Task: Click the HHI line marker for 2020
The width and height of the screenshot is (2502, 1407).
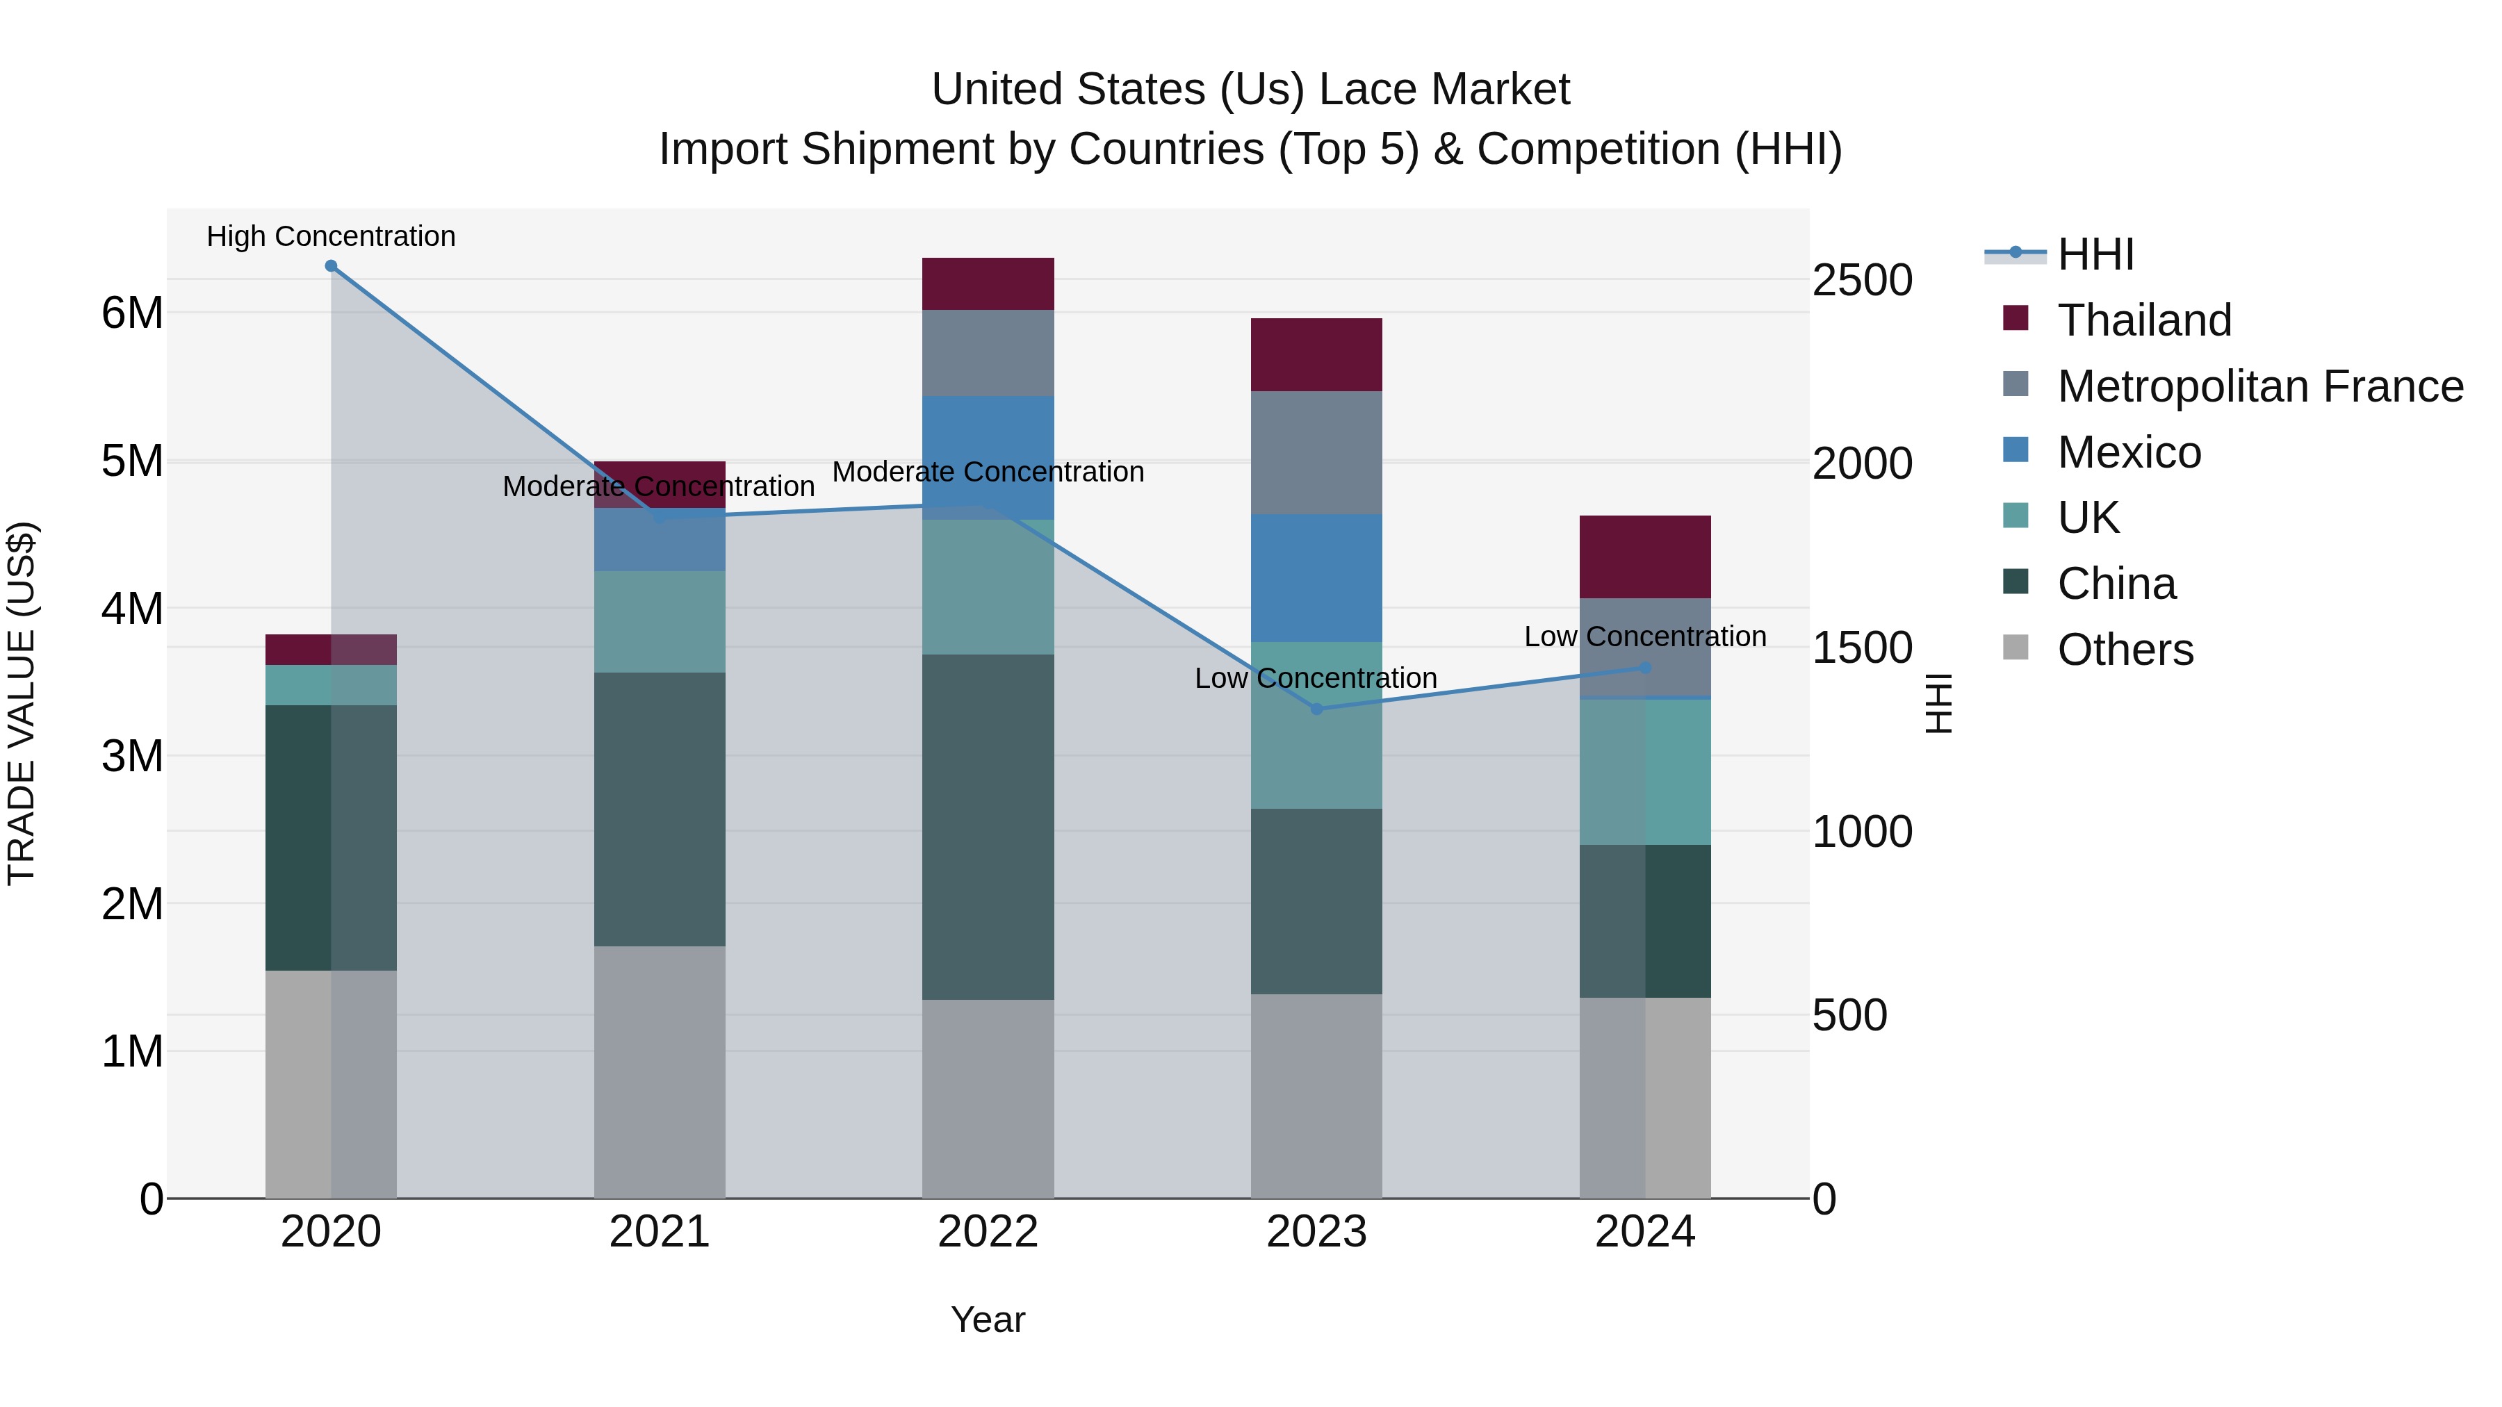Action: click(x=332, y=266)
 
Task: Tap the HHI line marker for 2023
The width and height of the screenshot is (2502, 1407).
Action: click(x=1316, y=709)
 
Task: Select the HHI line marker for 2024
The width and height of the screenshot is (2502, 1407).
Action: click(x=1645, y=668)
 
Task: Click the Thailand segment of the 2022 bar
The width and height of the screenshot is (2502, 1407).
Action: click(x=988, y=283)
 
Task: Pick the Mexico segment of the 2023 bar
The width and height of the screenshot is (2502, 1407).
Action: click(x=1316, y=578)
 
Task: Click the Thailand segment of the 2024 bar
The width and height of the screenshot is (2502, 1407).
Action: click(x=1645, y=557)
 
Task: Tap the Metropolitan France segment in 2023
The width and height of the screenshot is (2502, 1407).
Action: click(x=1316, y=452)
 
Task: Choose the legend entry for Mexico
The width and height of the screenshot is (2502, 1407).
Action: click(x=2128, y=452)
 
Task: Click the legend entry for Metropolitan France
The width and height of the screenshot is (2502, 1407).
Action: click(x=2259, y=386)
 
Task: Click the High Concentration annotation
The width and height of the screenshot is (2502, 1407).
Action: click(x=332, y=237)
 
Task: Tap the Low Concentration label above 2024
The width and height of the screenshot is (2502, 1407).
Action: click(x=1644, y=637)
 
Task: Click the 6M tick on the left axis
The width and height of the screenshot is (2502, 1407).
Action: click(x=132, y=313)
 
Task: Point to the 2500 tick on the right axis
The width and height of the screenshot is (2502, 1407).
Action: click(x=1862, y=281)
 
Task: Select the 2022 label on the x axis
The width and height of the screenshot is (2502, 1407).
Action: click(x=988, y=1232)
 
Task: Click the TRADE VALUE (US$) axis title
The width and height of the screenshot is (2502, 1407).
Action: click(x=22, y=703)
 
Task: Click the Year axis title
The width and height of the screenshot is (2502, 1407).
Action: click(x=988, y=1319)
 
